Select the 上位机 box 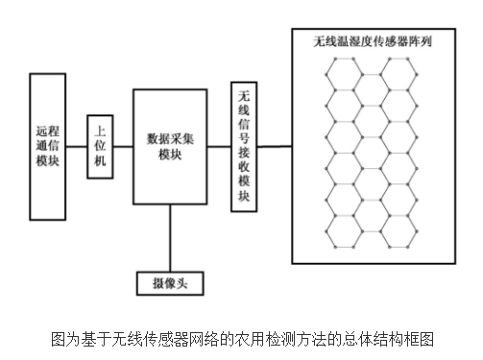pos(101,147)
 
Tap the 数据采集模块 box pos(171,147)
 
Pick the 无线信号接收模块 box pos(244,147)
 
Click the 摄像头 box pos(170,284)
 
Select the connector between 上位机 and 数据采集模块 pos(123,147)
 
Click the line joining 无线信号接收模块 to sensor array pos(276,147)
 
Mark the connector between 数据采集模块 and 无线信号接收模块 pos(220,147)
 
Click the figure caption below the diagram pos(243,339)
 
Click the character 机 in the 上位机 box pos(101,162)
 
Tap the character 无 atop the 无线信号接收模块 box pos(244,95)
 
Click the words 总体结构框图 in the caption pos(396,339)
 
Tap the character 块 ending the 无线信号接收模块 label pos(244,197)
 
